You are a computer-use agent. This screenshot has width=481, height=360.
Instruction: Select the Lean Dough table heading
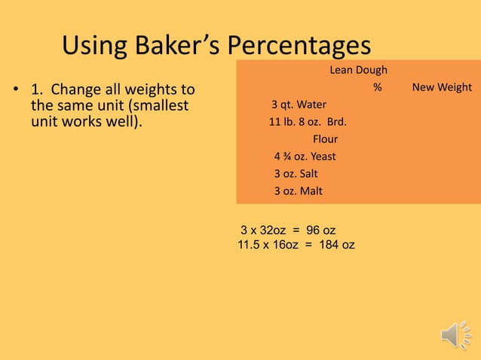(x=358, y=71)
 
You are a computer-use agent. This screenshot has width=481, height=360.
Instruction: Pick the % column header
(x=377, y=87)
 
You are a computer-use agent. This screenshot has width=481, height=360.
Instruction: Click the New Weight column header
(x=442, y=87)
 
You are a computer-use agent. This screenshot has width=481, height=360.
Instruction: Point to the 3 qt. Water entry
(x=299, y=105)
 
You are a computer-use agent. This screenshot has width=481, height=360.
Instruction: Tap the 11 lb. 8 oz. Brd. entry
(x=308, y=122)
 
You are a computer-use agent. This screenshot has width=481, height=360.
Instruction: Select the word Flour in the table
(x=325, y=139)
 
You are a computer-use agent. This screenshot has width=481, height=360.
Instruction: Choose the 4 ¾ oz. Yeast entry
(x=305, y=157)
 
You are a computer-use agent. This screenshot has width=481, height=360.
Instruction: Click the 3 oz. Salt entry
(x=296, y=174)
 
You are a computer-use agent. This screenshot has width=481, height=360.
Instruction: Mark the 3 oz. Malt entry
(x=298, y=191)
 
